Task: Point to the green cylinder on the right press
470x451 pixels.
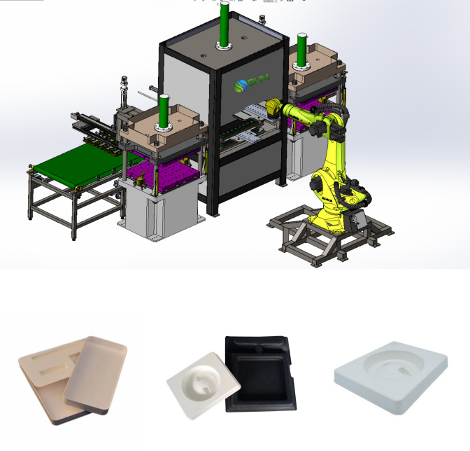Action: (303, 49)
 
